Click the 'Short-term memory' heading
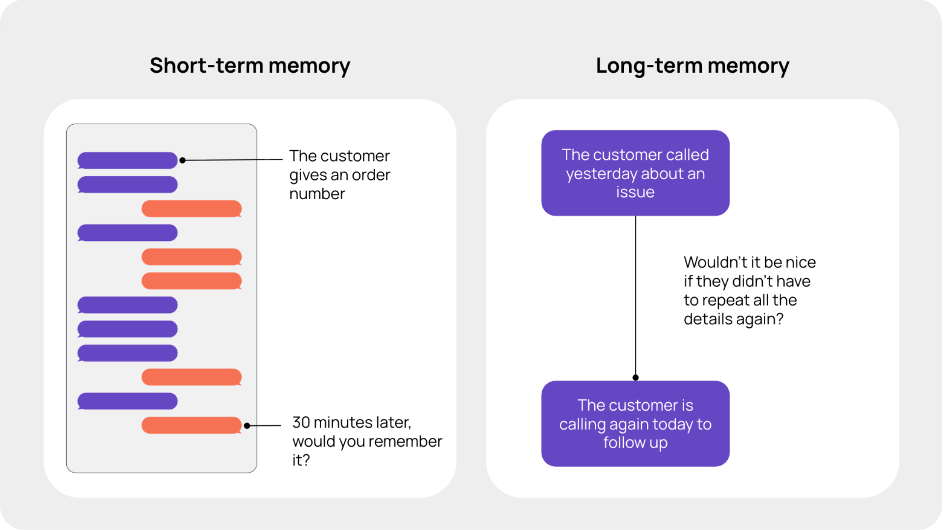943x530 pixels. coord(250,66)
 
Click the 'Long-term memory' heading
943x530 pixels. coord(692,66)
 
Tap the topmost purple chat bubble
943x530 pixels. coord(127,160)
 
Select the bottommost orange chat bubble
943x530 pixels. coord(191,425)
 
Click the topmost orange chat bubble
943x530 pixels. coord(191,209)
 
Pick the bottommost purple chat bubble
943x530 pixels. coord(127,401)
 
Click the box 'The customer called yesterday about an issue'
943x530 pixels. coord(635,173)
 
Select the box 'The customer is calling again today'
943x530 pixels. coord(635,424)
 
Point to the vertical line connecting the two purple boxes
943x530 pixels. coord(636,294)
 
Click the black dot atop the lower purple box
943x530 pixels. coord(636,377)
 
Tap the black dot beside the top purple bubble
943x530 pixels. coord(182,160)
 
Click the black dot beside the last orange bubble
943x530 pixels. coord(247,425)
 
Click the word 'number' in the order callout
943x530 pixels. coord(317,194)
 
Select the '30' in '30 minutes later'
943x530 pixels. coord(301,423)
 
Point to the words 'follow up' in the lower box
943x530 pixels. coord(635,443)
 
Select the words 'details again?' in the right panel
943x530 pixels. coord(733,319)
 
